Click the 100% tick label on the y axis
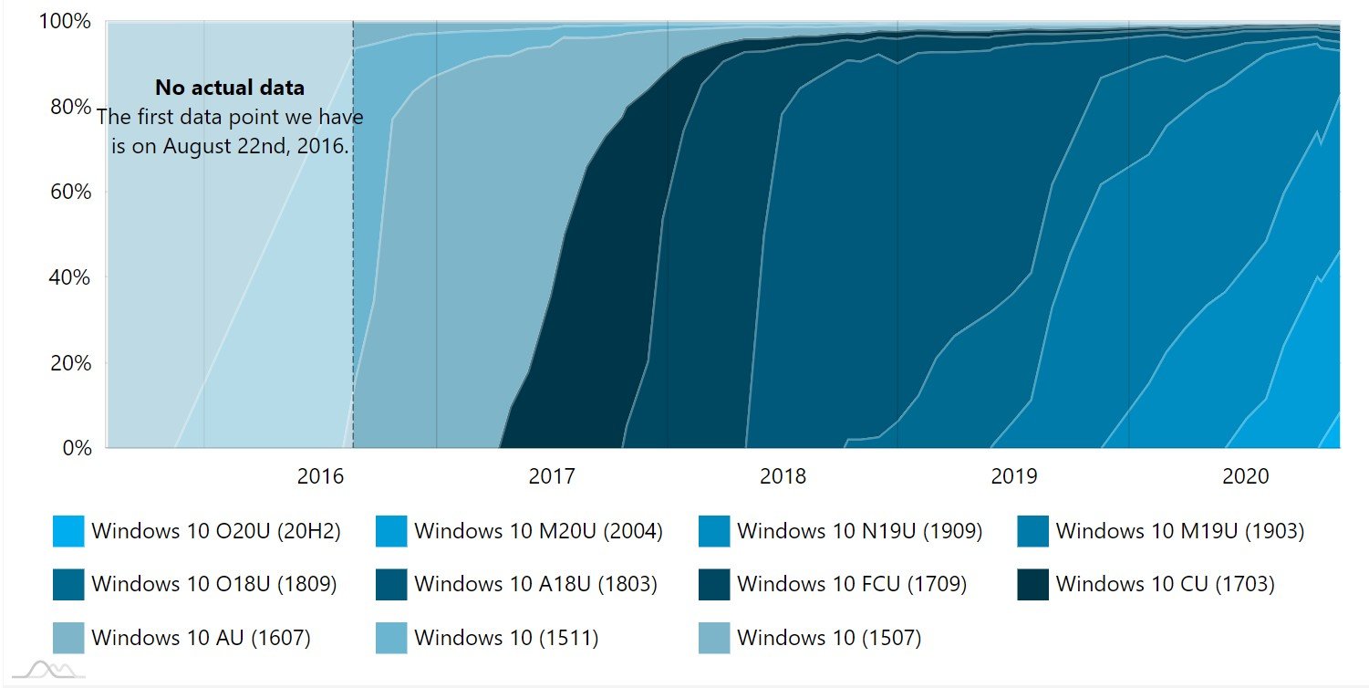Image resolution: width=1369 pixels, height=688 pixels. pyautogui.click(x=65, y=22)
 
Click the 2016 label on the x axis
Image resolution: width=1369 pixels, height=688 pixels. pyautogui.click(x=320, y=476)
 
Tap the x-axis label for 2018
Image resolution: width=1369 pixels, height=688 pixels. pyautogui.click(x=783, y=476)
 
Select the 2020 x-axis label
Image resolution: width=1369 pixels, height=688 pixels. pyautogui.click(x=1245, y=476)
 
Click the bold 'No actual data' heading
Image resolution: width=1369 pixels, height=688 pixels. pyautogui.click(x=229, y=89)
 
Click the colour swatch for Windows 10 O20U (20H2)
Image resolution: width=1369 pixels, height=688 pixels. pyautogui.click(x=68, y=531)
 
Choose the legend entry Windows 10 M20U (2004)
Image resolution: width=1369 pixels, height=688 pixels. pyautogui.click(x=538, y=531)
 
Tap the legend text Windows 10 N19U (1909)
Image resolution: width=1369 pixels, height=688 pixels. pyautogui.click(x=860, y=531)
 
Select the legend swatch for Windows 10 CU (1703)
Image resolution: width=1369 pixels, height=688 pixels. pyautogui.click(x=1032, y=584)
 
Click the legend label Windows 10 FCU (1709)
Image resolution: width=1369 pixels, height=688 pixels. pyautogui.click(x=852, y=584)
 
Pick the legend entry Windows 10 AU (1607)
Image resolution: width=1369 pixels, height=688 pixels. pyautogui.click(x=201, y=638)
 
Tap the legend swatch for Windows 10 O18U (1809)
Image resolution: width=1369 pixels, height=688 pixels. pyautogui.click(x=68, y=584)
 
